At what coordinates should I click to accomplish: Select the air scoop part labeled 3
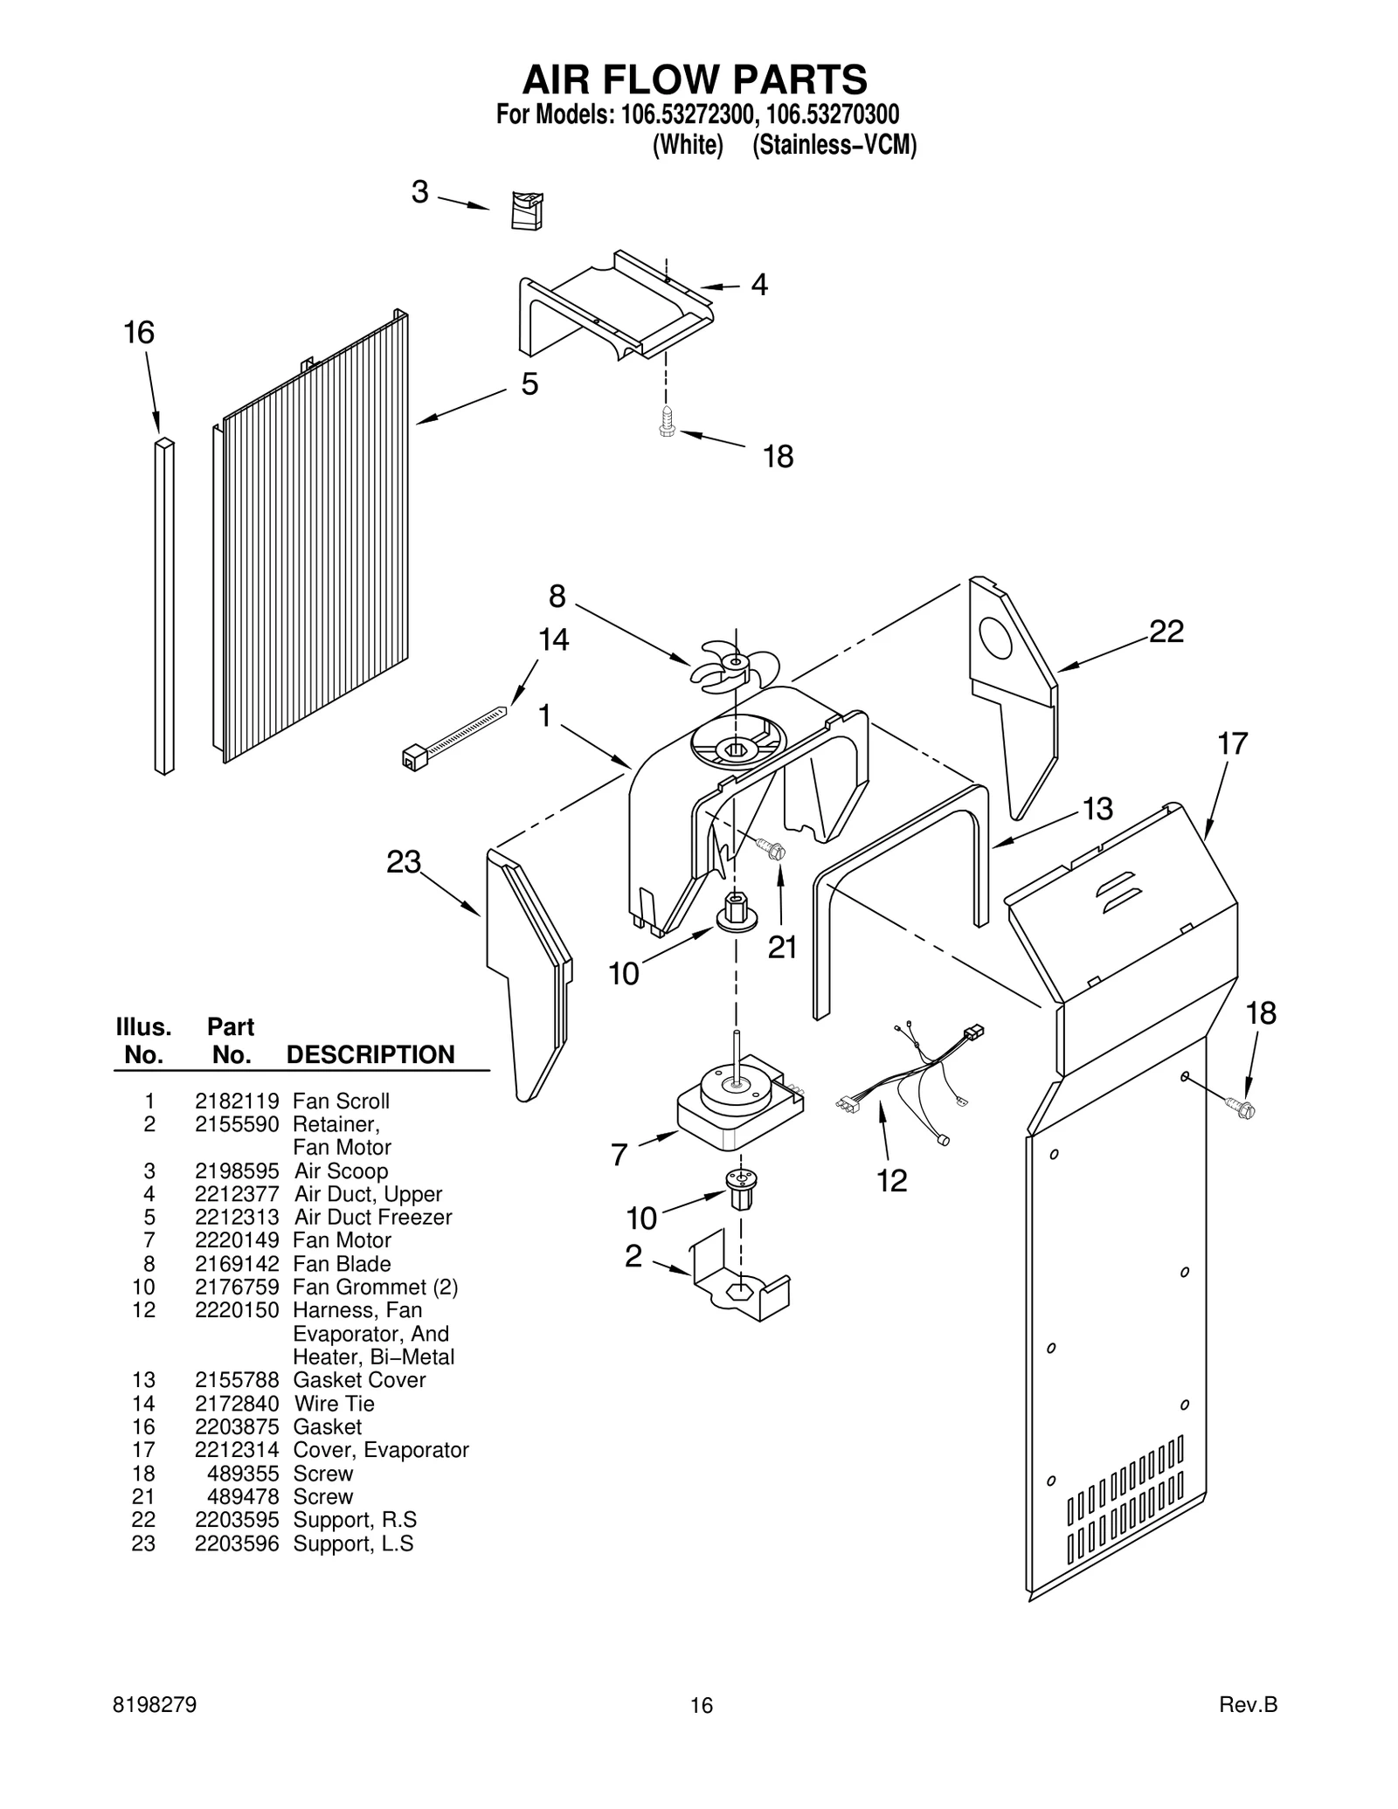527,211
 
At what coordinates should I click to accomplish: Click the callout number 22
1166,632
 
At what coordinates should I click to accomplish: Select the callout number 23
404,862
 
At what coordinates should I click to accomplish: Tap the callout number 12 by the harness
892,1181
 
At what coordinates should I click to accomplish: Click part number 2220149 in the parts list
237,1240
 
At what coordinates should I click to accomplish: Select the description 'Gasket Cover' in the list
359,1380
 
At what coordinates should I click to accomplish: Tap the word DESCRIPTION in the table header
370,1054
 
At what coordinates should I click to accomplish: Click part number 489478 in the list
243,1496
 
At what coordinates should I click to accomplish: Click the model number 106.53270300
833,114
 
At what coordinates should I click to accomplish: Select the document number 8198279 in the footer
156,1705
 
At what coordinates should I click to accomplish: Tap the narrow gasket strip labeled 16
164,607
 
